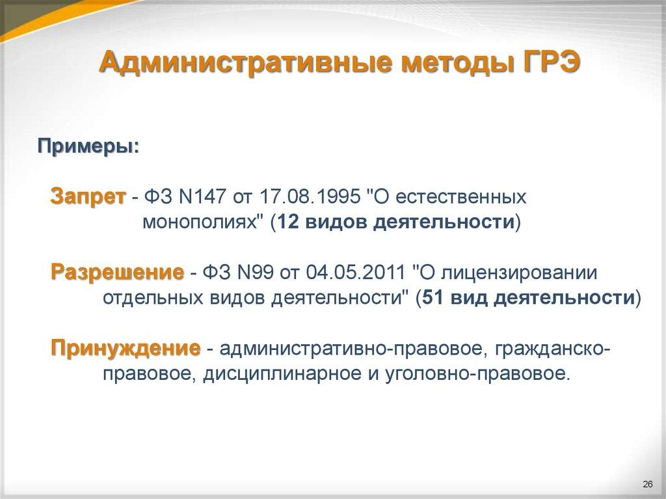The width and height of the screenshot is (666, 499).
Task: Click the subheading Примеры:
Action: tap(87, 145)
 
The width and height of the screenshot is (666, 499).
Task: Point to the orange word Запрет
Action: tap(88, 197)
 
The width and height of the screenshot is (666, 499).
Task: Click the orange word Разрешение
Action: tap(117, 273)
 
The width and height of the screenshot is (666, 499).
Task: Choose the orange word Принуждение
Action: tap(126, 349)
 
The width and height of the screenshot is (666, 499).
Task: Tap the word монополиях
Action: tap(202, 223)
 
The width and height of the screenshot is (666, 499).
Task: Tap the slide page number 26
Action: tap(647, 484)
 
